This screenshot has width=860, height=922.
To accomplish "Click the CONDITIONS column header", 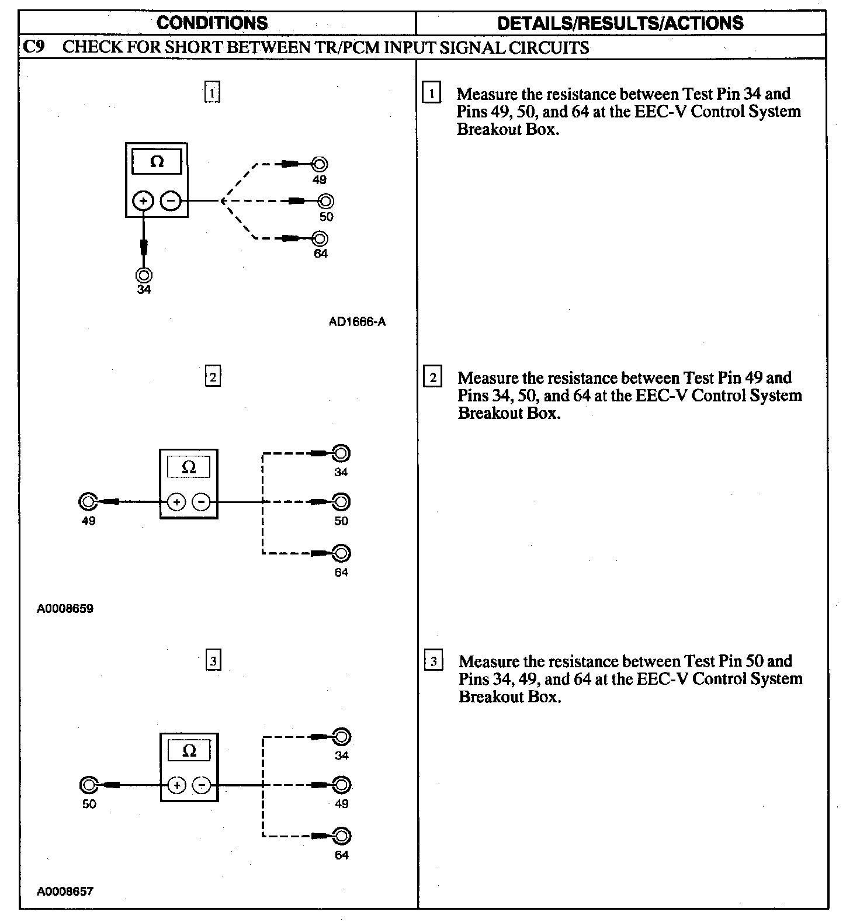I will coord(212,23).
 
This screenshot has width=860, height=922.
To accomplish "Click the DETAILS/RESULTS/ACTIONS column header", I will coord(620,23).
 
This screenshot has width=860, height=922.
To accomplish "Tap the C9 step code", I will coord(33,47).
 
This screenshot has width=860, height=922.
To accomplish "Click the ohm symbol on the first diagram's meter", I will coord(157,162).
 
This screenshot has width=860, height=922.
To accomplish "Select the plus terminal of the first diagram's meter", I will coord(143,201).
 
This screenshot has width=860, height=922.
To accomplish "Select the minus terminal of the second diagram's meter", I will coord(201,501).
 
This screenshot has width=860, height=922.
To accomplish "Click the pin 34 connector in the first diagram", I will coord(144,275).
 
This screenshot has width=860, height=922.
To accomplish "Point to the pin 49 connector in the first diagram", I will coord(320,164).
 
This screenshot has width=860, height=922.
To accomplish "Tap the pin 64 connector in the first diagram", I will coord(320,238).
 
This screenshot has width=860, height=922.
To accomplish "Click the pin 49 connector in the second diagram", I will coord(88,501).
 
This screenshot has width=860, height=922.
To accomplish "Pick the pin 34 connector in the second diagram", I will coord(341,453).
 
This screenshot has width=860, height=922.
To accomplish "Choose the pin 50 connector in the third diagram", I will coord(89,785).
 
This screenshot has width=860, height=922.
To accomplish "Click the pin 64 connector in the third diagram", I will coord(342,836).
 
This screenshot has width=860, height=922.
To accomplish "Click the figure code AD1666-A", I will coord(357,321).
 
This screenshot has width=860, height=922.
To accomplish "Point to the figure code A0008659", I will coord(65,608).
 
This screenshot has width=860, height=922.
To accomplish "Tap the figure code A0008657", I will coord(65,891).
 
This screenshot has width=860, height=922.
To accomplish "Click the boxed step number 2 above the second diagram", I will coord(213,377).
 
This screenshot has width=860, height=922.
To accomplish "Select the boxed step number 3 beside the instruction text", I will coord(433,661).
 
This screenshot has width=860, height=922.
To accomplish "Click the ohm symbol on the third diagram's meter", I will coord(189,750).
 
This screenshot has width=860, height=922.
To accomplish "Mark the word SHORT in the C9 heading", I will coord(193,47).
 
